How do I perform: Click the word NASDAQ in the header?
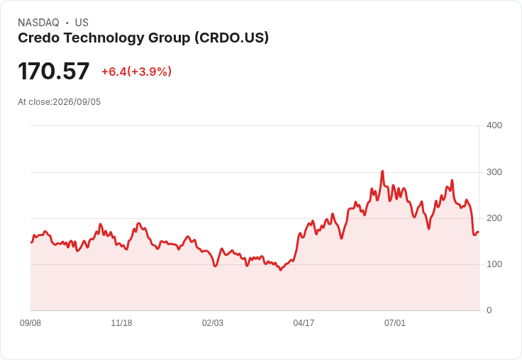click(x=38, y=23)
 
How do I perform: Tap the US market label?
click(x=82, y=23)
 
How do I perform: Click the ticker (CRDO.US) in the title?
click(x=231, y=38)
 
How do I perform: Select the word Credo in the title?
click(x=39, y=38)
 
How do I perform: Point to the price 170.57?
click(x=54, y=71)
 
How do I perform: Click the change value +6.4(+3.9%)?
click(x=136, y=72)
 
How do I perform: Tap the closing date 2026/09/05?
click(x=77, y=102)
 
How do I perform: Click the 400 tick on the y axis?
click(x=494, y=125)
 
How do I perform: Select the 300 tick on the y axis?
click(x=494, y=172)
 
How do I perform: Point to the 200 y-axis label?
click(x=494, y=218)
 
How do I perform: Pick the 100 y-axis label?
click(x=494, y=264)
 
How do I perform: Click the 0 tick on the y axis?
click(x=489, y=310)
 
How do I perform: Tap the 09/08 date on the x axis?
click(x=30, y=323)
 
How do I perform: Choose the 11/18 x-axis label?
click(x=121, y=323)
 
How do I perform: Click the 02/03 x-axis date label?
click(x=213, y=323)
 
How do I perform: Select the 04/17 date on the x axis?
click(x=304, y=323)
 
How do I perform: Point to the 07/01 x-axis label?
click(x=395, y=323)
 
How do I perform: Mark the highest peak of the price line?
click(x=382, y=171)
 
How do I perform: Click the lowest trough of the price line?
click(x=281, y=270)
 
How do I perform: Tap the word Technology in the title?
click(x=104, y=38)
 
